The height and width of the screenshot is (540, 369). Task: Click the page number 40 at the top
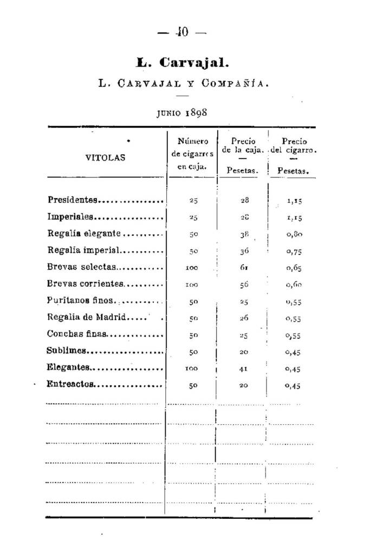pyautogui.click(x=182, y=32)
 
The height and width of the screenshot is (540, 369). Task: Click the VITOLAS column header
pyautogui.click(x=105, y=158)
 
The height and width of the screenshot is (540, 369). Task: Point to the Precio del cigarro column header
pyautogui.click(x=294, y=146)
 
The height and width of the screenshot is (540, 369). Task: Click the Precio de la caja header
pyautogui.click(x=243, y=146)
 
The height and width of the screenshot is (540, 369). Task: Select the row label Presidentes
pyautogui.click(x=73, y=200)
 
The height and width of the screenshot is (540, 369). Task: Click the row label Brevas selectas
pyautogui.click(x=81, y=267)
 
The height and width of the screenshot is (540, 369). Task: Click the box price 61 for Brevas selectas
pyautogui.click(x=244, y=267)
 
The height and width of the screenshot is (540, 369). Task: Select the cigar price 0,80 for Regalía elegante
pyautogui.click(x=294, y=234)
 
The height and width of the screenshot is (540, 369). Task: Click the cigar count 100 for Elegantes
pyautogui.click(x=191, y=368)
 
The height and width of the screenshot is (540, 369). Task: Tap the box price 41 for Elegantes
pyautogui.click(x=244, y=368)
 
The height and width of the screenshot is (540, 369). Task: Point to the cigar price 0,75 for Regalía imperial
pyautogui.click(x=294, y=251)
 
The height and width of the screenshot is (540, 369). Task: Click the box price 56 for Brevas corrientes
pyautogui.click(x=244, y=284)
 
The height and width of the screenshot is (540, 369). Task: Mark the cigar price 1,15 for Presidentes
pyautogui.click(x=294, y=201)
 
